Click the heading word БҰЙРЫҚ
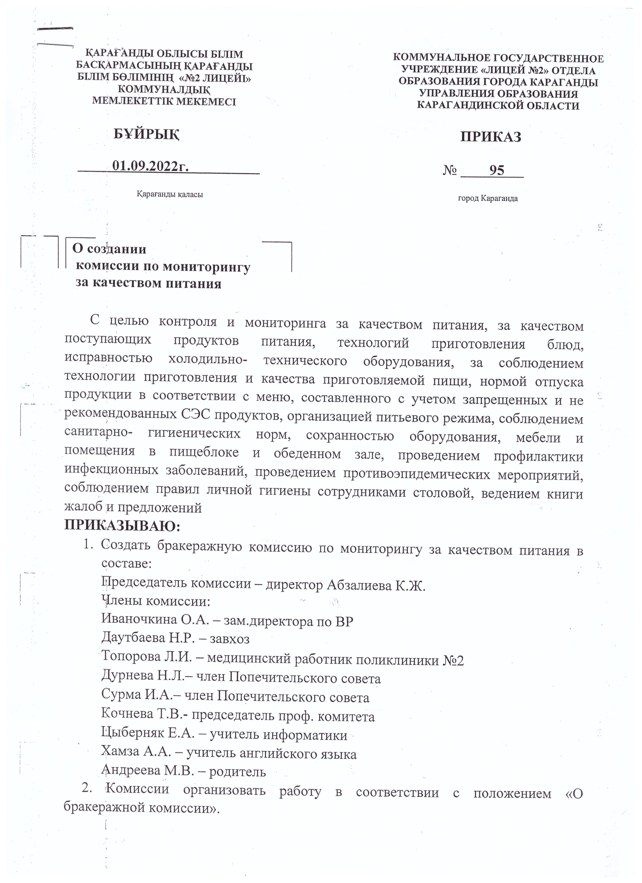click(x=146, y=134)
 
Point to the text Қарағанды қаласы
click(x=170, y=194)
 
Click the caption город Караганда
click(x=488, y=198)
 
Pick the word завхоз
click(x=230, y=638)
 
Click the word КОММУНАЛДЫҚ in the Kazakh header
click(x=164, y=90)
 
